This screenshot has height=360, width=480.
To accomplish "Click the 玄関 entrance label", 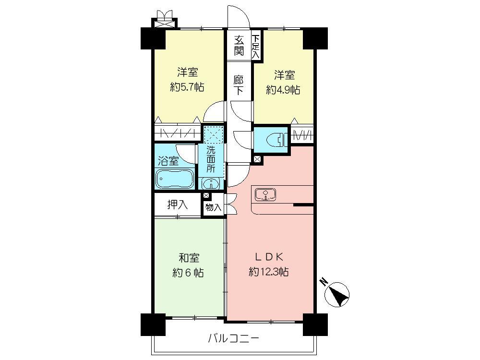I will pos(239,46).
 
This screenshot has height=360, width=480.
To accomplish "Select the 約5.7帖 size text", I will pos(187,88).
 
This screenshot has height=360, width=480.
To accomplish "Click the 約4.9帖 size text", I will pos(283,90).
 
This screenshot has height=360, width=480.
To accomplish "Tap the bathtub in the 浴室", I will pos(175,179).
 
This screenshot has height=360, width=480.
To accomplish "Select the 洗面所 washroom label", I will pos(211,158).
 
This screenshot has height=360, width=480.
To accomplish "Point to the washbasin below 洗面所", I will pos(211,183).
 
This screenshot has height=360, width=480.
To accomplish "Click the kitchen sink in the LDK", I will pos(265,194).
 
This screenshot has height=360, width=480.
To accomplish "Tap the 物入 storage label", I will pos(213,208).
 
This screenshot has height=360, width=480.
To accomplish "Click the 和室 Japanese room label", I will pos(188,258).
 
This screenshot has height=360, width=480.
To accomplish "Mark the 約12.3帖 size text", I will pos(268,272).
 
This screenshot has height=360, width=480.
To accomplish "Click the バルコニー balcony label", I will pos(233,339).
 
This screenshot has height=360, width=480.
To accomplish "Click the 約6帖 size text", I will pos(188,273).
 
